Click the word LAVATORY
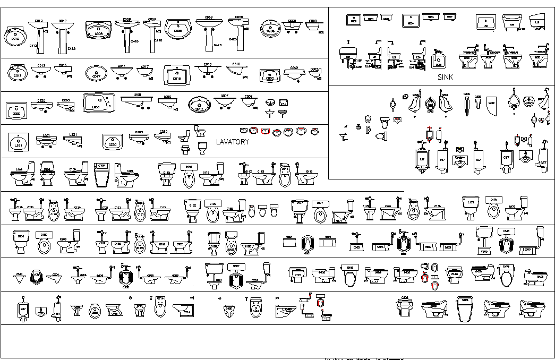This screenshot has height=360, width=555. pos(232,142)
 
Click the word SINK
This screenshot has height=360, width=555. pos(445,78)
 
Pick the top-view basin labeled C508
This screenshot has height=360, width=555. pos(98,31)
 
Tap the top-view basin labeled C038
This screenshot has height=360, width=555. pos(178,29)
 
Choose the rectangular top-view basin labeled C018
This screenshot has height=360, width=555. pos(177,75)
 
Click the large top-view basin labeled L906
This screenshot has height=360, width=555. pos(98,103)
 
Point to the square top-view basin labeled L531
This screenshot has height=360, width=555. pos(19,142)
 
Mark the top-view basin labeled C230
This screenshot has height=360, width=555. pos(113,142)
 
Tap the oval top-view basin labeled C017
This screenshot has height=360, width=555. pos(97,73)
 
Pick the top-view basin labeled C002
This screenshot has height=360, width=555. pos(269,75)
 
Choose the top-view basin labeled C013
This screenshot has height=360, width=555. pos(18,72)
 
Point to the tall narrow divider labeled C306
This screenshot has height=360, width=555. pos(466,106)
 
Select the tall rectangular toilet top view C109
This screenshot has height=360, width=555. pos(101,176)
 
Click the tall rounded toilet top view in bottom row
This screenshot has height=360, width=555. pos(465,309)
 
